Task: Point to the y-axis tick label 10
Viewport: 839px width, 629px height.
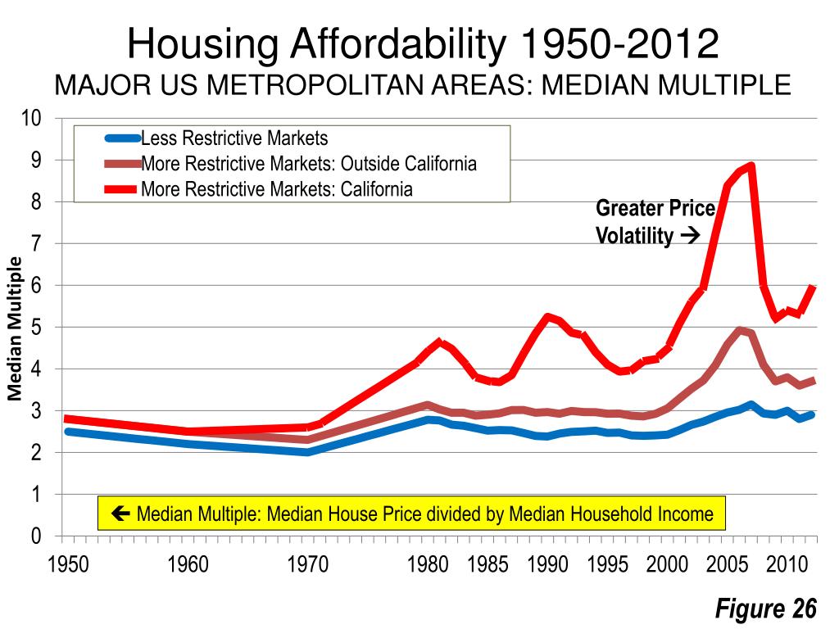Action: pyautogui.click(x=32, y=118)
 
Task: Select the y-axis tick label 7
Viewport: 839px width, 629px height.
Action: pyautogui.click(x=37, y=243)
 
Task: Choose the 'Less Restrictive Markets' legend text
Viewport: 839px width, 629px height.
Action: pyautogui.click(x=234, y=138)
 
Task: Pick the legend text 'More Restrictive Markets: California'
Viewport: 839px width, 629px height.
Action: pyautogui.click(x=277, y=189)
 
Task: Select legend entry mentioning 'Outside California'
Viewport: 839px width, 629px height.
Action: pyautogui.click(x=309, y=163)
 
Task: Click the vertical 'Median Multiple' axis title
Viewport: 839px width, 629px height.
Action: pyautogui.click(x=15, y=328)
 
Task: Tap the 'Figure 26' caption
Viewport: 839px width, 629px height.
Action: pyautogui.click(x=766, y=609)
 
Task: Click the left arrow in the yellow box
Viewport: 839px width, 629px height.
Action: pyautogui.click(x=124, y=514)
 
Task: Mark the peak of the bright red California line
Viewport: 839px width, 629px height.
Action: pyautogui.click(x=751, y=166)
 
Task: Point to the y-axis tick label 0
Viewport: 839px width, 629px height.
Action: pyautogui.click(x=37, y=536)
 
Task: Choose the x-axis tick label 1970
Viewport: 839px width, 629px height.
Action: pyautogui.click(x=308, y=566)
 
